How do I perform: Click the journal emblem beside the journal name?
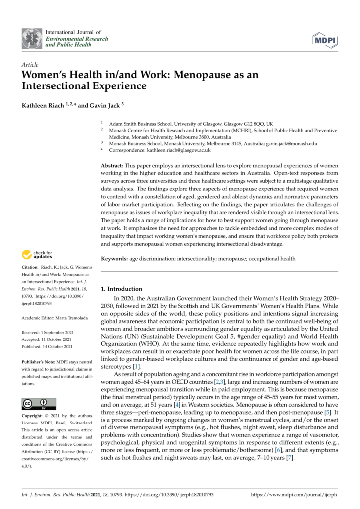click(x=32, y=38)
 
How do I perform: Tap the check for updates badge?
click(x=37, y=255)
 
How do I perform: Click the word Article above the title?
click(x=30, y=65)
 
